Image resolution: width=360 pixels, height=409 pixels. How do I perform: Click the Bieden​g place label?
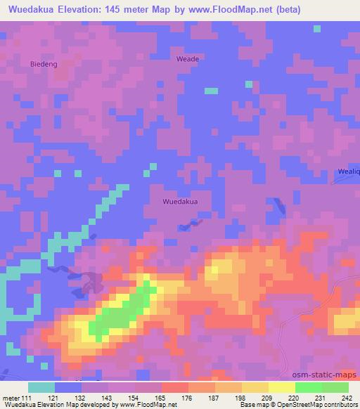point(44,63)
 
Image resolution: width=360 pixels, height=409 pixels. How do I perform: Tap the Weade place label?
point(188,59)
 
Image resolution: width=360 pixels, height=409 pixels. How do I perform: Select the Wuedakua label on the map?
point(180,201)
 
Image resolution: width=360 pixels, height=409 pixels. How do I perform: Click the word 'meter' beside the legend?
point(12,398)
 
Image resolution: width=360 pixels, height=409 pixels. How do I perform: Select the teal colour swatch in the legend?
point(41,387)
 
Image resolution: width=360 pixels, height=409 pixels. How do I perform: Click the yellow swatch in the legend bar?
point(281,387)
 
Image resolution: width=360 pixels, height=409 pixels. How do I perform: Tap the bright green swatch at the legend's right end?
point(335,387)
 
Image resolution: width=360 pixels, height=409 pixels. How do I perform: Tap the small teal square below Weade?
point(211,91)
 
